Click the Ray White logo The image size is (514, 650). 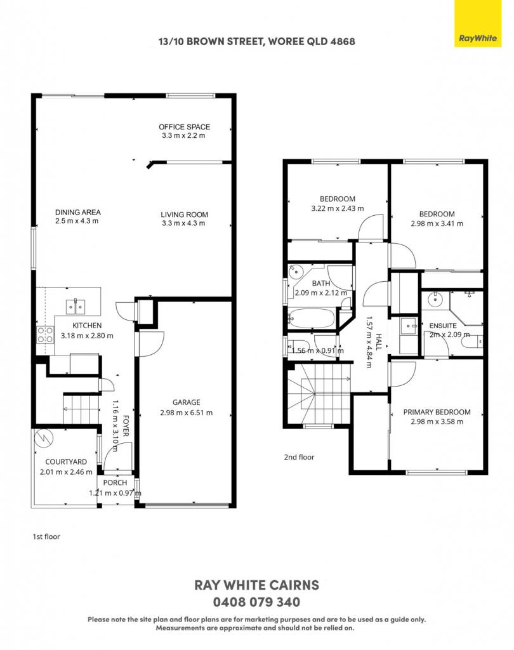click(478, 23)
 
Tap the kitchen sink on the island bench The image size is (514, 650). click(76, 307)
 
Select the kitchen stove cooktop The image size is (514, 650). click(45, 335)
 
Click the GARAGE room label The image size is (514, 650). click(186, 402)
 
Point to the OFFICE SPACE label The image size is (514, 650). click(184, 127)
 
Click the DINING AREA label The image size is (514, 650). click(78, 212)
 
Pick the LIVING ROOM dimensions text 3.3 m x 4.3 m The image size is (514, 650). click(183, 223)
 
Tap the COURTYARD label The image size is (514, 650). click(66, 462)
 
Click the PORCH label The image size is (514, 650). click(115, 482)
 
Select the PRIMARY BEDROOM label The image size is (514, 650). click(437, 412)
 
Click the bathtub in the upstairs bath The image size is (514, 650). click(311, 319)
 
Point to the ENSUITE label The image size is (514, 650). click(443, 326)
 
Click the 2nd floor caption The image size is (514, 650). click(299, 457)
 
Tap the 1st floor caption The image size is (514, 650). click(46, 536)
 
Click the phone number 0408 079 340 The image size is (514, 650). click(256, 602)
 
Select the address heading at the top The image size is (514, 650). click(256, 41)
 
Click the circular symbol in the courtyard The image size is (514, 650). click(43, 438)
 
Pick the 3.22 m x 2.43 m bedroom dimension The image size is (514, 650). click(338, 208)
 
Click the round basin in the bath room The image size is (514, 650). click(296, 273)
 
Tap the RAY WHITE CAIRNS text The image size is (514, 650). click(256, 585)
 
